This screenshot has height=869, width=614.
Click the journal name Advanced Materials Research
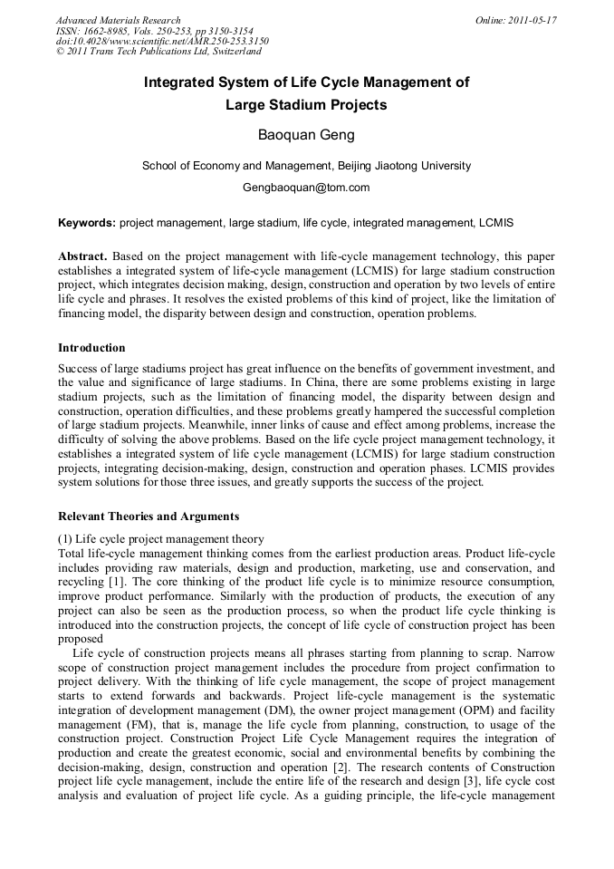click(x=118, y=20)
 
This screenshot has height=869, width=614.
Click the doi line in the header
click(x=162, y=42)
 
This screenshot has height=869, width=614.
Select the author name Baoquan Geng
click(x=306, y=136)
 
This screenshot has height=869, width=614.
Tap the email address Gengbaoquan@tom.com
click(x=306, y=188)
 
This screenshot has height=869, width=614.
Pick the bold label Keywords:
click(x=87, y=222)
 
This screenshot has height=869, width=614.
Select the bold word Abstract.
click(x=84, y=256)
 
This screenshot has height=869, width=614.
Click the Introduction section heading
click(x=91, y=348)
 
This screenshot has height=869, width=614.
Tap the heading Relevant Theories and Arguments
click(x=149, y=517)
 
